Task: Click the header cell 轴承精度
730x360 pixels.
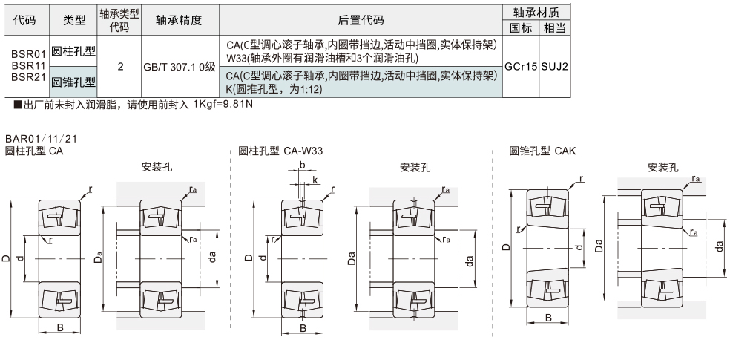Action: pos(179,21)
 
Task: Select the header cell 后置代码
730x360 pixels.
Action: pos(361,21)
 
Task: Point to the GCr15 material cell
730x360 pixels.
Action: pos(521,66)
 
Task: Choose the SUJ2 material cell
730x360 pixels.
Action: pos(555,66)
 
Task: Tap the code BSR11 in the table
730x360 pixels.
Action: pos(29,65)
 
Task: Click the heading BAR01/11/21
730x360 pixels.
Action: pos(41,139)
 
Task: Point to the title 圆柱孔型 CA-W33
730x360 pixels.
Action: pos(280,151)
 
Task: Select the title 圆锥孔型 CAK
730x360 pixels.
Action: pos(542,151)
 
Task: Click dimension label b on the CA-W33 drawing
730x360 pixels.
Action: pos(302,166)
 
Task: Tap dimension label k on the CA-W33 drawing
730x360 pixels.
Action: pos(315,180)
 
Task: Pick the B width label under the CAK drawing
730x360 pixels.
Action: pos(548,317)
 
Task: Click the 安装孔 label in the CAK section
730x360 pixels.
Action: pos(662,168)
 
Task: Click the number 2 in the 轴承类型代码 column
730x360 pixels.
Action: pos(119,66)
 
